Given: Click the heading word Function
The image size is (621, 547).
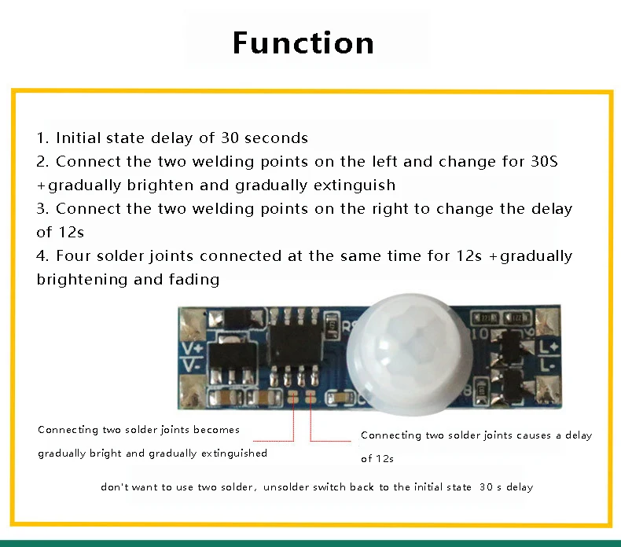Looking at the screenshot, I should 303,42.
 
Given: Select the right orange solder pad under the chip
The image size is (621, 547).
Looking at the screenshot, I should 310,398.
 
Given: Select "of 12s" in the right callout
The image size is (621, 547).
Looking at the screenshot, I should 377,458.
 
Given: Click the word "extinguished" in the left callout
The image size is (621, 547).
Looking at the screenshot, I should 234,453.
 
